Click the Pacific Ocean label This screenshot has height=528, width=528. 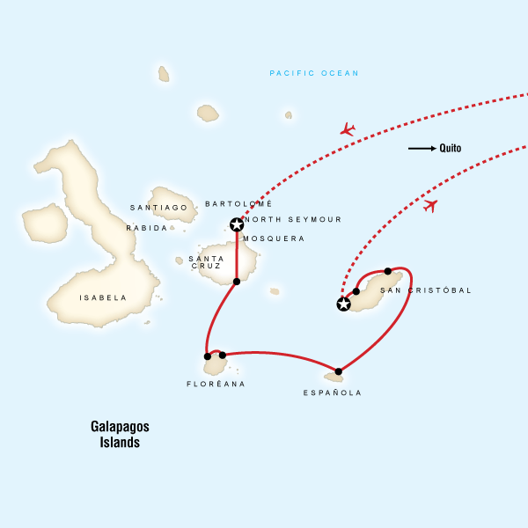point(314,74)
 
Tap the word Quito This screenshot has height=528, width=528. point(451,149)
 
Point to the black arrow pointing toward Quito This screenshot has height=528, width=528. point(422,149)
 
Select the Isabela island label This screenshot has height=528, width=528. point(103,298)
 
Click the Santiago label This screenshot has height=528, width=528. point(158,208)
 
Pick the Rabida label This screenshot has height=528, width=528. point(146,228)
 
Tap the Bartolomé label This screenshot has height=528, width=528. point(232,204)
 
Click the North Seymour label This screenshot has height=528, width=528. point(295,220)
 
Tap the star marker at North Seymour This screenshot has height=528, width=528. point(236,224)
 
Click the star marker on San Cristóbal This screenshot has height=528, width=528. point(343,304)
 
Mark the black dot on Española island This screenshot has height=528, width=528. point(339,371)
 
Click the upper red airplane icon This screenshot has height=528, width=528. point(348,130)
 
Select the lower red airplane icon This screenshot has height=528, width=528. point(429,206)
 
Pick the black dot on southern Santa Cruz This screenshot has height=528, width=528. point(236,282)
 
